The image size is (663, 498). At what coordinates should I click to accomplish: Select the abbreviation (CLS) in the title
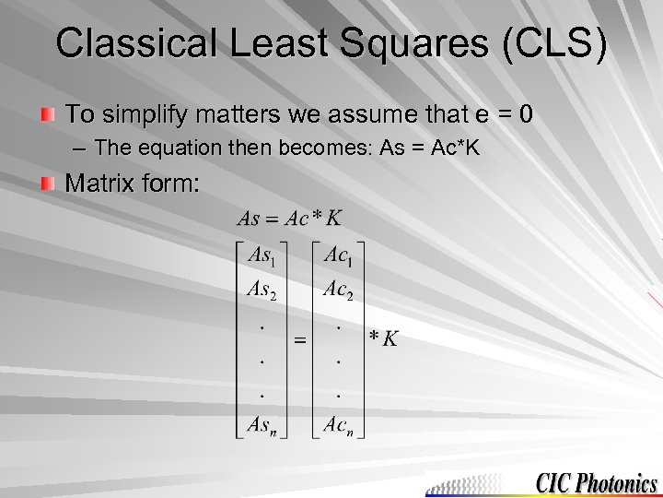tap(552, 43)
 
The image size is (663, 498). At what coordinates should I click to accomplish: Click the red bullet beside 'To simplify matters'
tap(50, 115)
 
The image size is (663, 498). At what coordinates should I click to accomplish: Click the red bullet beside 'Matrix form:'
tap(50, 183)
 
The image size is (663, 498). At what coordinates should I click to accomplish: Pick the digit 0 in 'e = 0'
tap(524, 115)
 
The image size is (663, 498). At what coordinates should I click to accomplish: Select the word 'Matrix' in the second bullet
tap(99, 183)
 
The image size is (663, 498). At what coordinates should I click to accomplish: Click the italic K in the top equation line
tap(334, 219)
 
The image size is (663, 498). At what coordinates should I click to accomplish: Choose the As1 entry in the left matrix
tap(267, 255)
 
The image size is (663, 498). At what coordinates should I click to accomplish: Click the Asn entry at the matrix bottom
tap(267, 425)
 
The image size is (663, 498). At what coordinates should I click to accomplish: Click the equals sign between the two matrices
tap(300, 340)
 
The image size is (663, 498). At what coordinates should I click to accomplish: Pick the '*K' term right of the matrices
tap(383, 338)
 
